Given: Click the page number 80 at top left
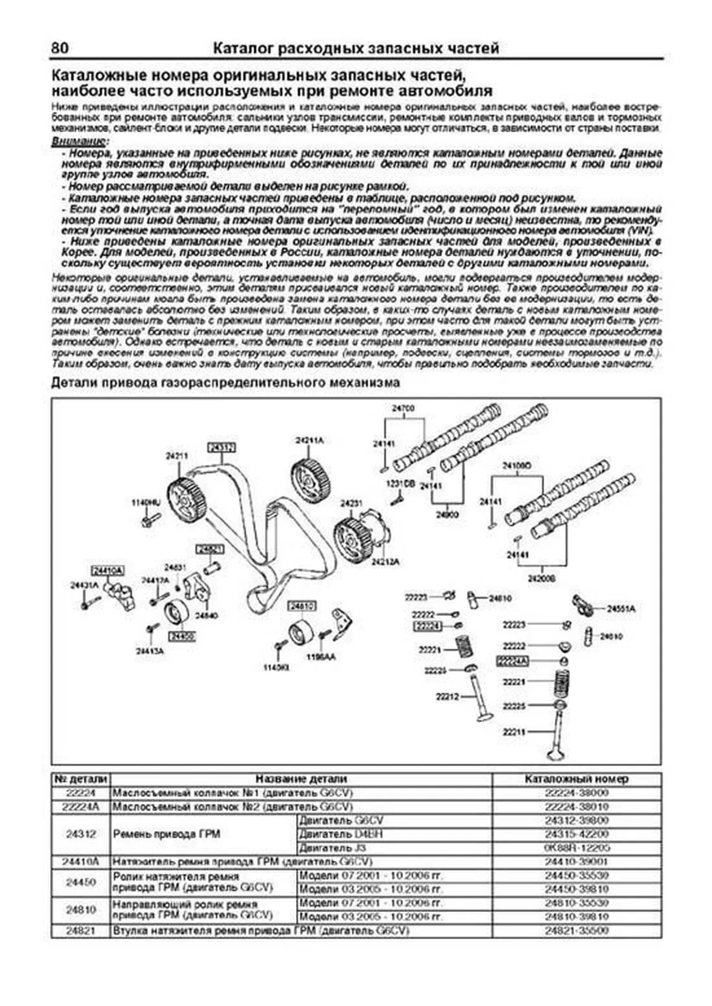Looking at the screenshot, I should pyautogui.click(x=60, y=48).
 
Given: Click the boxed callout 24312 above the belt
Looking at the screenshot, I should pyautogui.click(x=221, y=446).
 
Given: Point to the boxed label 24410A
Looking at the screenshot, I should pyautogui.click(x=107, y=570).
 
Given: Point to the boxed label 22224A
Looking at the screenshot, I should pyautogui.click(x=511, y=660).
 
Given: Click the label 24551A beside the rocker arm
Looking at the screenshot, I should pyautogui.click(x=621, y=609).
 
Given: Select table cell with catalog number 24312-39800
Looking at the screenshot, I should pyautogui.click(x=576, y=820).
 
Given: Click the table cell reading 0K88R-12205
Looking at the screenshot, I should pyautogui.click(x=576, y=848).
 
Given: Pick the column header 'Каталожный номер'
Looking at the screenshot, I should pyautogui.click(x=576, y=779).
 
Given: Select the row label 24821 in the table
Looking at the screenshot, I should pyautogui.click(x=81, y=931).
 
